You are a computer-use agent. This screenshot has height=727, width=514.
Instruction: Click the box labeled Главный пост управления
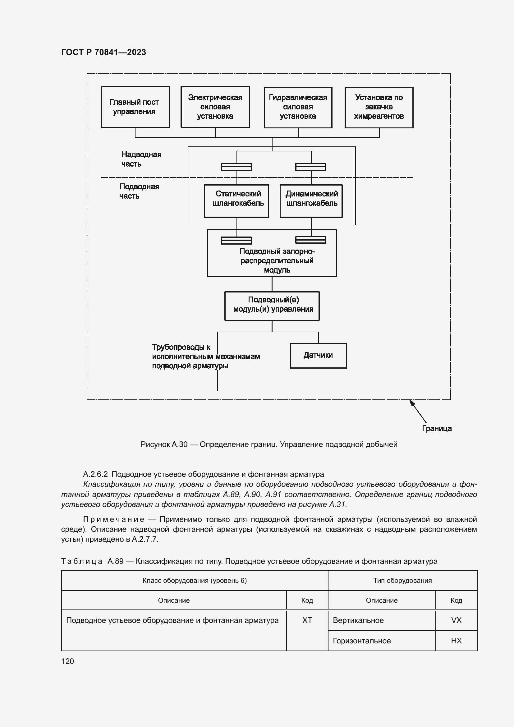(135, 107)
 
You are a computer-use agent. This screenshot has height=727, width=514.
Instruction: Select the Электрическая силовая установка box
(215, 107)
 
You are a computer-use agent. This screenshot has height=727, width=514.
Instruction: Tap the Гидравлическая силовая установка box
(298, 107)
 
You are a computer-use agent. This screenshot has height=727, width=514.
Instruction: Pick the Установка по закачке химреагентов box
(379, 107)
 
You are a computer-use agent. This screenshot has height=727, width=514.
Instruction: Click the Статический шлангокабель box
(236, 201)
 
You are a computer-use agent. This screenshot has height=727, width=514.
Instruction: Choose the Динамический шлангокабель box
(311, 201)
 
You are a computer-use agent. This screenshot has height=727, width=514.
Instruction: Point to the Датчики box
(318, 356)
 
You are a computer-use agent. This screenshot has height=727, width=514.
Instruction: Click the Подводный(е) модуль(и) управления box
(272, 306)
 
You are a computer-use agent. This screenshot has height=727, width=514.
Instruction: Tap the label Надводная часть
(141, 159)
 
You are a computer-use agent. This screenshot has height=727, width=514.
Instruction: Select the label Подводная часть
(139, 191)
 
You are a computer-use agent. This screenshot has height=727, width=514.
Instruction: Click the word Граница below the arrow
(437, 428)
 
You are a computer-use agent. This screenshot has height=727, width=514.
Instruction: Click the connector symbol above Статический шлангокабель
(236, 167)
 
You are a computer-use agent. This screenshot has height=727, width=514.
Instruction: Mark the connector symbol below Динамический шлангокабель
(310, 240)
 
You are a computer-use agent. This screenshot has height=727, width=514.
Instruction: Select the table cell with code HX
(456, 641)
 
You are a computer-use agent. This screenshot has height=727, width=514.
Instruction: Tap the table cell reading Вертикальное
(381, 620)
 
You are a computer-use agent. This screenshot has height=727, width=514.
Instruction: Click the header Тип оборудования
(402, 580)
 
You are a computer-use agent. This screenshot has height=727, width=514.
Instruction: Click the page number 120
(67, 661)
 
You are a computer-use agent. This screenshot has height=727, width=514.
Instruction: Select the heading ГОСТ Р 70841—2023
(103, 52)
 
